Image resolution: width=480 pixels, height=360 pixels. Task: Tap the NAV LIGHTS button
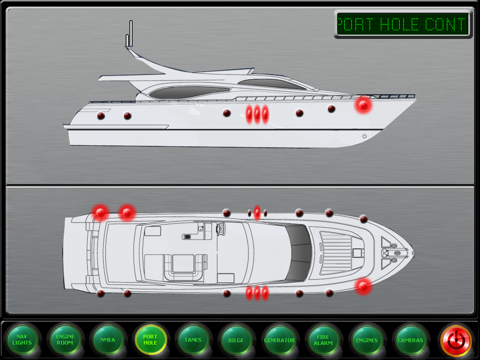click(22, 340)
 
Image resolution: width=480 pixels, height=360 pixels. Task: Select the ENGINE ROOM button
click(65, 340)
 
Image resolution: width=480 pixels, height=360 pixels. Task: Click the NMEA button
click(108, 340)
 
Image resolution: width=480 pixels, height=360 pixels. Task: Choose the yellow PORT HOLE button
click(150, 340)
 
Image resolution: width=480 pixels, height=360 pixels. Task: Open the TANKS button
click(193, 340)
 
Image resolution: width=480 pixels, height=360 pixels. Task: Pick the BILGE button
click(236, 340)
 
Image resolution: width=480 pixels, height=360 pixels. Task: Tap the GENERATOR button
click(279, 340)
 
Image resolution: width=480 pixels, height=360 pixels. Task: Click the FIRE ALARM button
click(323, 340)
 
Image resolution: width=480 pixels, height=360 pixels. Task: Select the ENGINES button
click(367, 340)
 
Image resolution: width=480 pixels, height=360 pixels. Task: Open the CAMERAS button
click(410, 340)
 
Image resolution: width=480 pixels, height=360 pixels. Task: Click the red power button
click(456, 341)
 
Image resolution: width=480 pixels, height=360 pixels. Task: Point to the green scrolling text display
click(403, 24)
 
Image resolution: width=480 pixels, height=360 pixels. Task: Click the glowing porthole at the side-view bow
click(363, 105)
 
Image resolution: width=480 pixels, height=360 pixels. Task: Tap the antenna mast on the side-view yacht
click(129, 34)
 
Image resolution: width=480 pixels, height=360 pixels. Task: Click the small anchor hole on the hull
click(364, 136)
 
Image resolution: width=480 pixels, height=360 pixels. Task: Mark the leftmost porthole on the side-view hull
click(101, 116)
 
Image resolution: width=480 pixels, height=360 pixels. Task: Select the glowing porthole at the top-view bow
click(363, 286)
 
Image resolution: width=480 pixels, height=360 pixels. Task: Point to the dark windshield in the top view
click(299, 253)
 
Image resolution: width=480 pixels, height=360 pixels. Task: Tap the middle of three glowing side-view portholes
click(257, 114)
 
